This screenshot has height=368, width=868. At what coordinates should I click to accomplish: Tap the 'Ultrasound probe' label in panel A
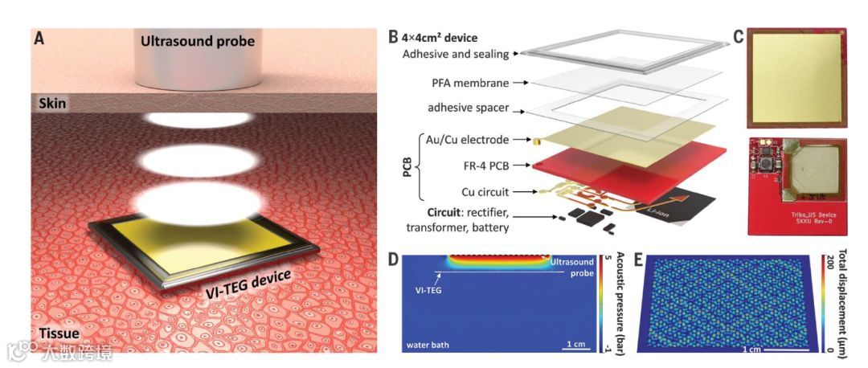197,41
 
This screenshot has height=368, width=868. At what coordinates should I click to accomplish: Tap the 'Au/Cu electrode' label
463,140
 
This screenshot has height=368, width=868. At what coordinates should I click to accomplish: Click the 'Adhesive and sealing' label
455,55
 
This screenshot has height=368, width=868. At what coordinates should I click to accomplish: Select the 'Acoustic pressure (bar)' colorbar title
620,301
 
